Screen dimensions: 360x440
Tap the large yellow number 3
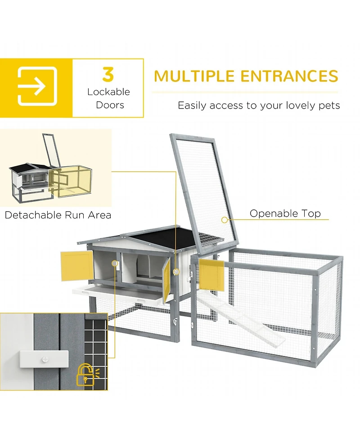(x=108, y=74)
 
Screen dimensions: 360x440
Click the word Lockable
(x=108, y=92)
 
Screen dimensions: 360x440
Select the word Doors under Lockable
(x=110, y=105)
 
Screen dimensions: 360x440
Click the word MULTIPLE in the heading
(x=194, y=76)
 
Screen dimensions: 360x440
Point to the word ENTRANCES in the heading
(x=289, y=76)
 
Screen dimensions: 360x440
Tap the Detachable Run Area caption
(x=58, y=215)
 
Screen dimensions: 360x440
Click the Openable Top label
(x=285, y=213)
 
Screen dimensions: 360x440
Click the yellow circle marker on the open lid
(x=224, y=220)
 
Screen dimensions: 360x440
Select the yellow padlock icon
(x=86, y=375)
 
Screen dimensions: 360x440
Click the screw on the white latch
(x=45, y=359)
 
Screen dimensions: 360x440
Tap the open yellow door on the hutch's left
(x=77, y=266)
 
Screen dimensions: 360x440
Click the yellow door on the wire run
(x=211, y=275)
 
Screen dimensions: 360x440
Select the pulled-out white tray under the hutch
(x=118, y=294)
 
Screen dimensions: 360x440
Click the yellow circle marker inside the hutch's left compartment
(x=115, y=263)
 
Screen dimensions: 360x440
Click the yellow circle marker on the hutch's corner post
(x=176, y=272)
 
